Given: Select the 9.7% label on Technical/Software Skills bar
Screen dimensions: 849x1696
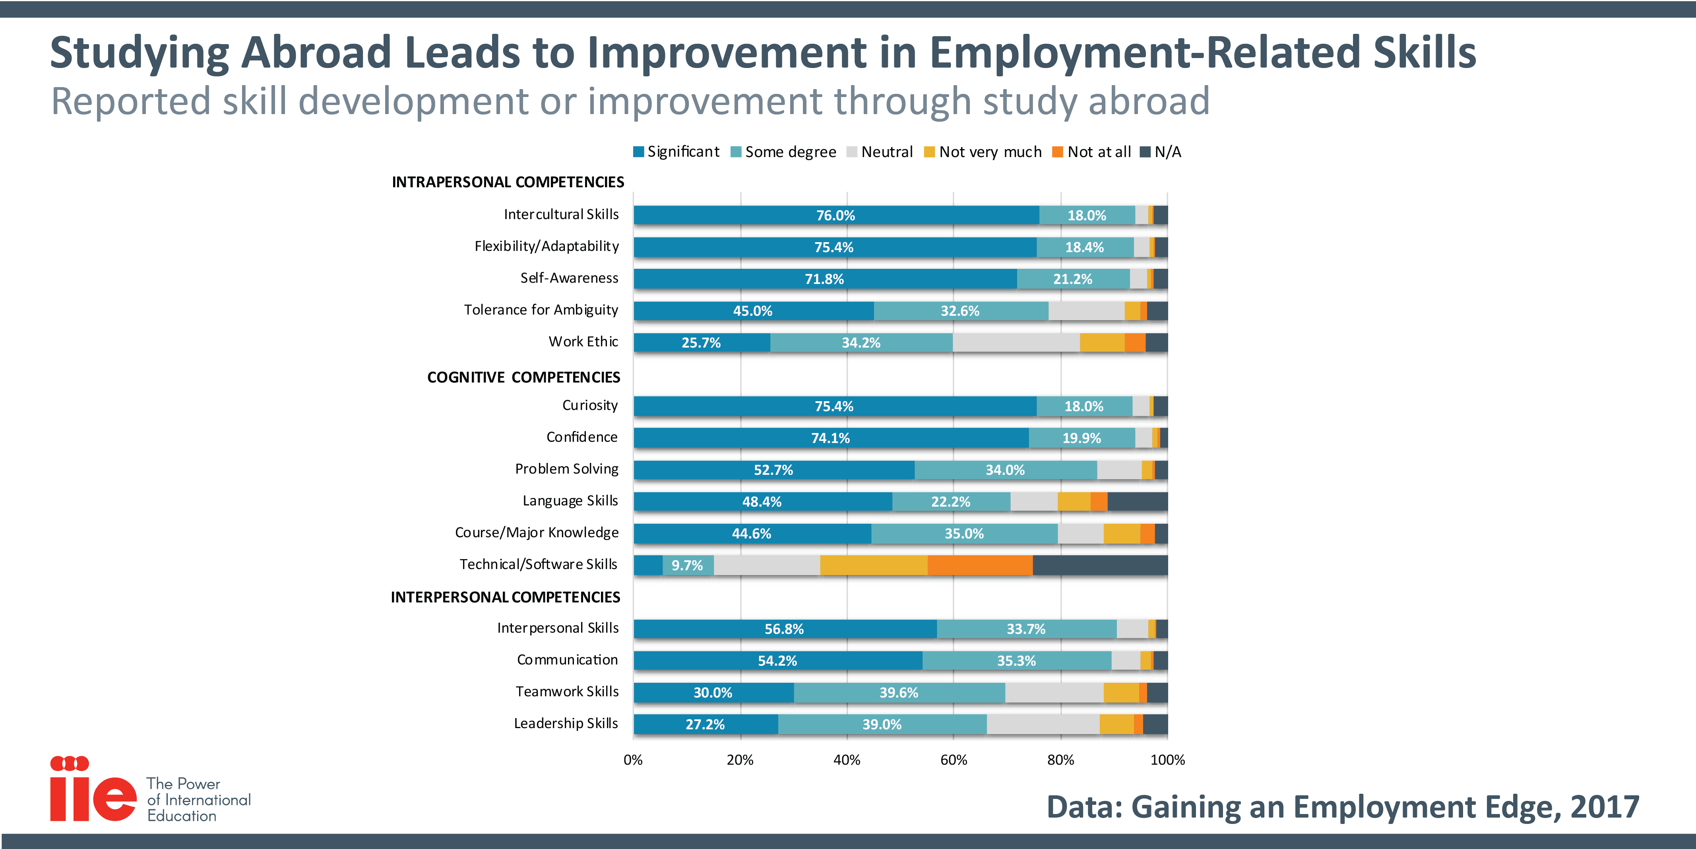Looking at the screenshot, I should (687, 565).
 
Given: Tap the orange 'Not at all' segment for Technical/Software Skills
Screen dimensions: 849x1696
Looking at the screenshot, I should (980, 565).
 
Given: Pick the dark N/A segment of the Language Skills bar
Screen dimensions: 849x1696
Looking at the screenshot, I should (1137, 501).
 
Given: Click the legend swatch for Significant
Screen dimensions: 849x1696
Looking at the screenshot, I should (638, 152).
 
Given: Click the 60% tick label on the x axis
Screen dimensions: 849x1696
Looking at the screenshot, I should (954, 760).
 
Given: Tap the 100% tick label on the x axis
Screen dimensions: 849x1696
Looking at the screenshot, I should (1167, 760).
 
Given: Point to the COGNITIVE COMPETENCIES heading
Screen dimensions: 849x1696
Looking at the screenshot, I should (523, 377).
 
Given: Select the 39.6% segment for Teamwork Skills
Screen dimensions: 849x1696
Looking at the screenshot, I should (899, 692).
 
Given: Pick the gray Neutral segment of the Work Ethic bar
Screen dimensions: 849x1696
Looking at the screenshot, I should (1016, 342).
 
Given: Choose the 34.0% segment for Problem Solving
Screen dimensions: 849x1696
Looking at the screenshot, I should (1005, 470).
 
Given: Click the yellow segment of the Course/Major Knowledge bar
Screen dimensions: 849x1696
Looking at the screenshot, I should (1122, 534).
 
